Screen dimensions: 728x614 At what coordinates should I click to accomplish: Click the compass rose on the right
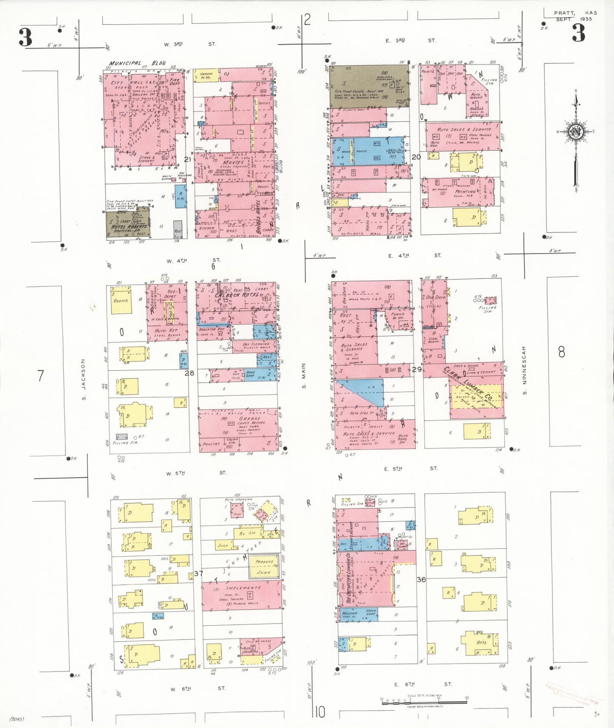[x=576, y=131]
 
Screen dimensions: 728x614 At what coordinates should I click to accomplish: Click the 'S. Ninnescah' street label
[x=524, y=370]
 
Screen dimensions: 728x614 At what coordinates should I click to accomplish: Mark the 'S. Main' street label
[x=304, y=376]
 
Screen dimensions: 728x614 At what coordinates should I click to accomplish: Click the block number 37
[x=198, y=573]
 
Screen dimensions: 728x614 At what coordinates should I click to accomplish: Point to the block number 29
[x=417, y=370]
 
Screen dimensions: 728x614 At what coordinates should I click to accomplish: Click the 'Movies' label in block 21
[x=233, y=162]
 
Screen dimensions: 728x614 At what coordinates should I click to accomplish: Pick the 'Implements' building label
[x=244, y=588]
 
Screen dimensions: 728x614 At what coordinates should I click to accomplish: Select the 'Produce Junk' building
[x=264, y=567]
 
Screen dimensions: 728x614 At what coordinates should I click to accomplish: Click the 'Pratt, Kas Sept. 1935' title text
[x=575, y=16]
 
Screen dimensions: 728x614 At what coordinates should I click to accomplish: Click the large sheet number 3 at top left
[x=25, y=37]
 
